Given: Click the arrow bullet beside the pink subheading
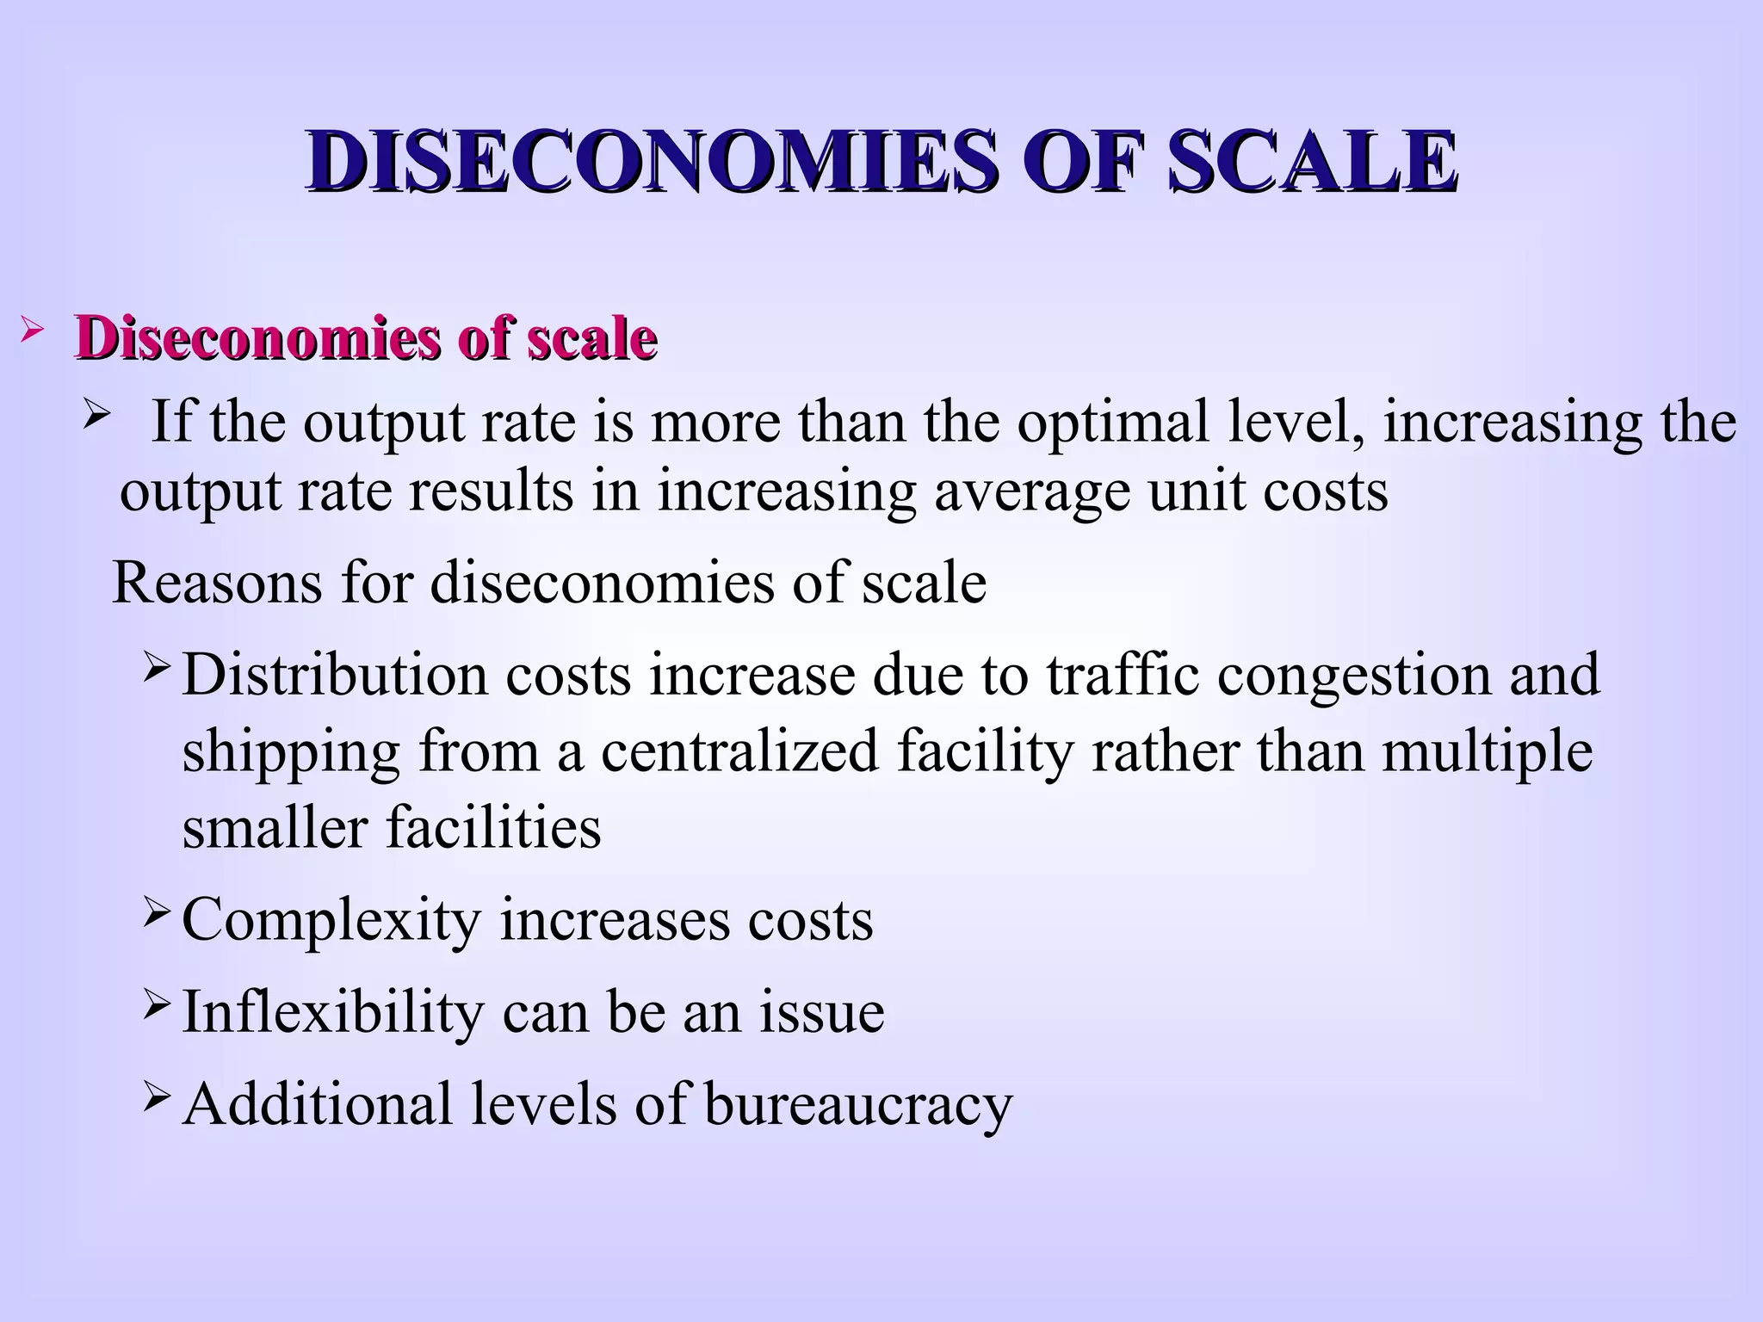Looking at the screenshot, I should point(30,329).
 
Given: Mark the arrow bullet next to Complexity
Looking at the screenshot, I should point(158,911).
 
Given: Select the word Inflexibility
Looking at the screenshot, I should point(333,1012).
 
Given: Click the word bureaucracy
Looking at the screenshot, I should point(858,1106).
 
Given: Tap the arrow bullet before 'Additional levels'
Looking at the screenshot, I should point(158,1096).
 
